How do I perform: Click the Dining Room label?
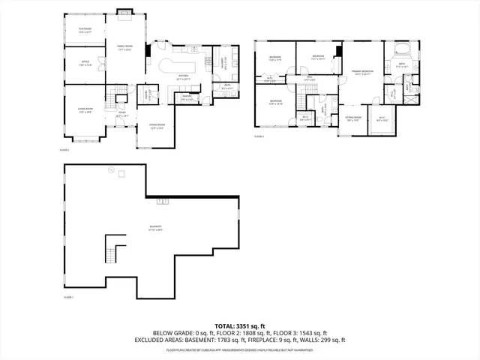click(x=156, y=126)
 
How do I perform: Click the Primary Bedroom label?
click(x=362, y=73)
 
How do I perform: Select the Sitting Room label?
click(x=353, y=118)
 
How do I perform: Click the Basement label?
click(x=156, y=226)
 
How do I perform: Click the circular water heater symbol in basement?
click(x=111, y=171)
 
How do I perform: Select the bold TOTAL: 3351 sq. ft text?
click(x=239, y=326)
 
